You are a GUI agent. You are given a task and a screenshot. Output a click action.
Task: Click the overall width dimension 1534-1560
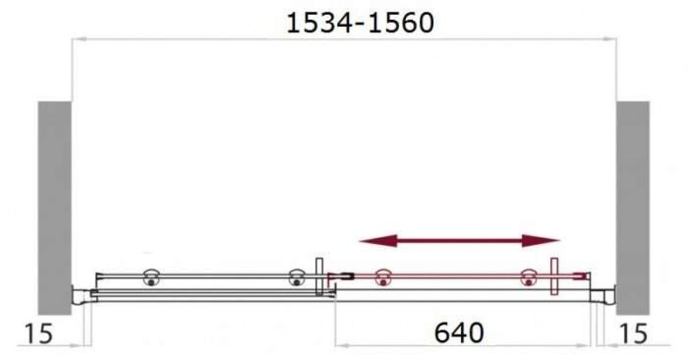coord(360,23)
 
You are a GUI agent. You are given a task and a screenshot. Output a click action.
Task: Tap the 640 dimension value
coord(459,332)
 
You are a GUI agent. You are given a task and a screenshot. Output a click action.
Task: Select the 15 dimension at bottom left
coord(39,333)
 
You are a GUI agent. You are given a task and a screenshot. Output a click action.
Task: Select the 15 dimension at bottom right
coord(633,333)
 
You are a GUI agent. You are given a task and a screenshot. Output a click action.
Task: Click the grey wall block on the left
coord(54,208)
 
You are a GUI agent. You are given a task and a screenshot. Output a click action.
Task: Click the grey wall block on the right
coord(633,208)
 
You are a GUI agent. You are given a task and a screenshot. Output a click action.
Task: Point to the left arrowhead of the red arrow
coord(378,241)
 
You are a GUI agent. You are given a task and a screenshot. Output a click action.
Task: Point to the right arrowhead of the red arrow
coord(541,241)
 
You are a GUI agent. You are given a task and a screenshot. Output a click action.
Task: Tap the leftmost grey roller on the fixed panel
coord(151,277)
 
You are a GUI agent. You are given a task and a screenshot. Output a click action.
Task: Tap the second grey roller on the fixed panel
coord(297,277)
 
